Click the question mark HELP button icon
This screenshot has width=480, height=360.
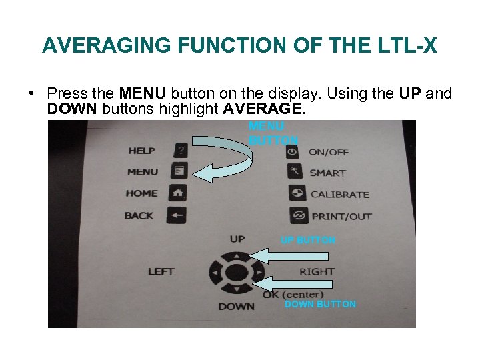[179, 150]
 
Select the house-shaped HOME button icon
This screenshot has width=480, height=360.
[178, 193]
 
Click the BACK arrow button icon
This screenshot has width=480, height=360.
[177, 215]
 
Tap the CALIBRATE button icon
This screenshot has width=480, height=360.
[297, 194]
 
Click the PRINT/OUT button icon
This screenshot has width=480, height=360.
[298, 216]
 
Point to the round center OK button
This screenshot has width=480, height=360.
[237, 272]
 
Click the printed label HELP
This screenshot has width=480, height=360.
[142, 151]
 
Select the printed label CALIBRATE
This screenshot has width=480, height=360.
[339, 195]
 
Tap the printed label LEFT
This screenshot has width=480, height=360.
[161, 271]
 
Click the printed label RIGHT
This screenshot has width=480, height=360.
[317, 271]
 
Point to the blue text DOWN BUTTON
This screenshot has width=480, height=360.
[320, 304]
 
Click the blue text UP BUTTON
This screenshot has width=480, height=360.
[308, 240]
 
